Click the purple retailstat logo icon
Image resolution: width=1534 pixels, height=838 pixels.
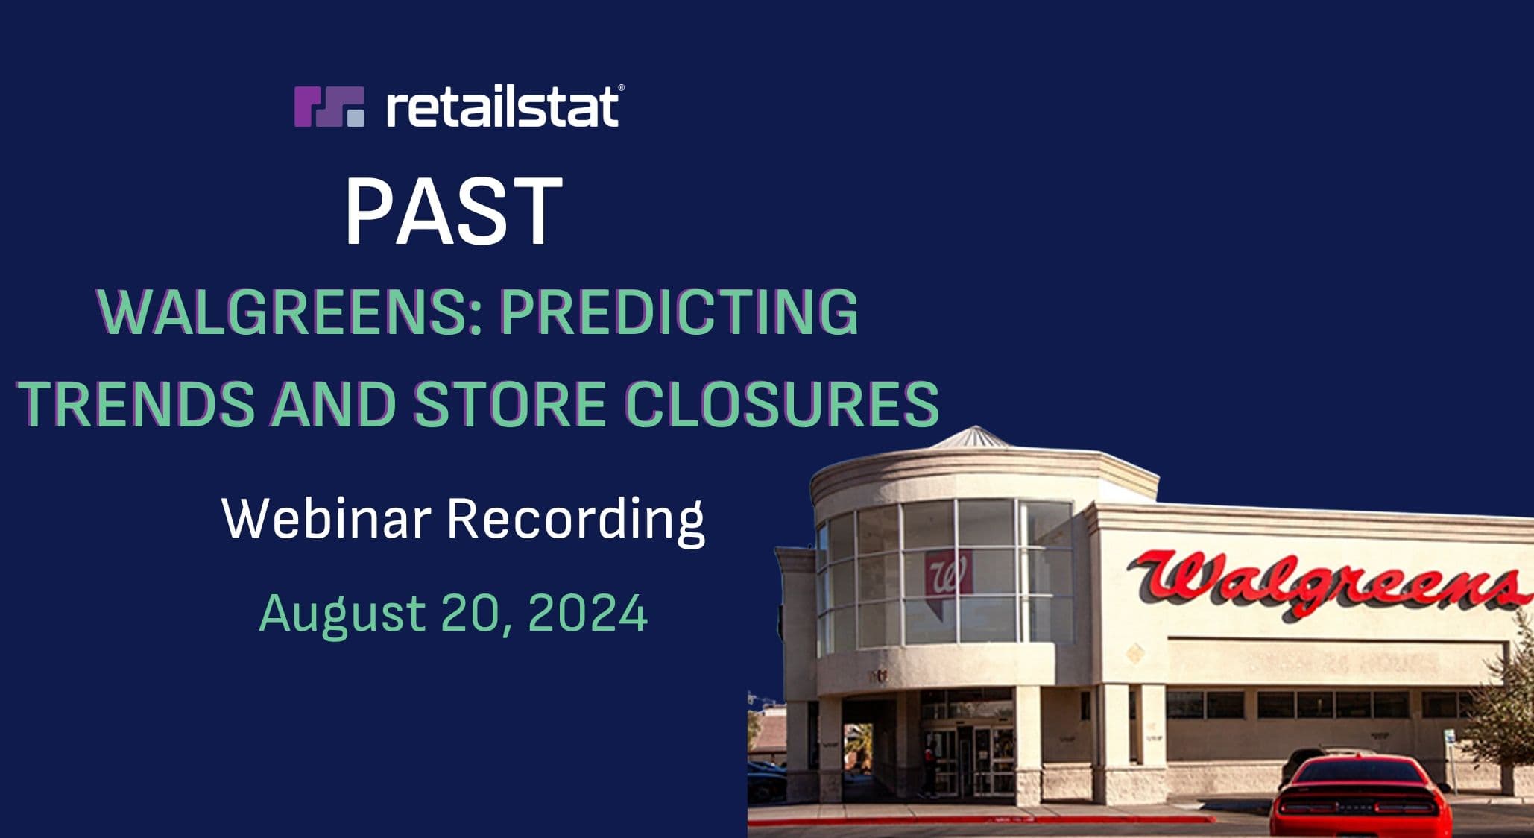329,107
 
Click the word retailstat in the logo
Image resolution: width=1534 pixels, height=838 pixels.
502,107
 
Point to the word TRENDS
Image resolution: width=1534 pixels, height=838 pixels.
136,403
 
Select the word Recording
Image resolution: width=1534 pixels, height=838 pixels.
575,520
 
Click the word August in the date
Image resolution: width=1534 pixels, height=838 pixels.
342,614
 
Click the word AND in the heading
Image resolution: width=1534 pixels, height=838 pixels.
333,403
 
